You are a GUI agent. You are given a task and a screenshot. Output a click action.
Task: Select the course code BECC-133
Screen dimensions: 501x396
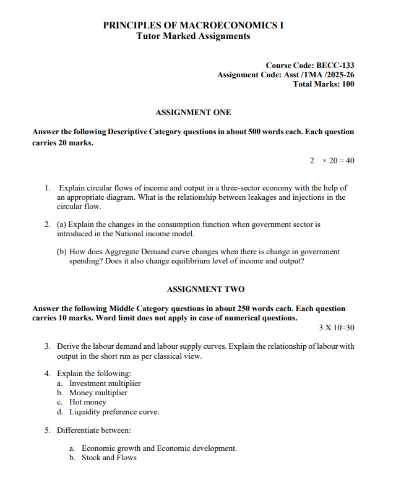pyautogui.click(x=335, y=65)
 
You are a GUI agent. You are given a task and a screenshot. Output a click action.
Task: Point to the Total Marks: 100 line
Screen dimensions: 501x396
pyautogui.click(x=324, y=84)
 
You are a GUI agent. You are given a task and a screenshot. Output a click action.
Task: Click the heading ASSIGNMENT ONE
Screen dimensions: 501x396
pyautogui.click(x=193, y=112)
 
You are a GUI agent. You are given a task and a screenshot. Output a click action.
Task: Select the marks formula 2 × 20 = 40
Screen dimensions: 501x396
pyautogui.click(x=332, y=161)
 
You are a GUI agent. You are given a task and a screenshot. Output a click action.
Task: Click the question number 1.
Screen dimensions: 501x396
pyautogui.click(x=47, y=187)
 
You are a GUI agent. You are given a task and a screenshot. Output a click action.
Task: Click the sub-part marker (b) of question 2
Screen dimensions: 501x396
pyautogui.click(x=62, y=252)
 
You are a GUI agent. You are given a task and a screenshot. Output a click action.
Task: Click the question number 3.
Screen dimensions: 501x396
pyautogui.click(x=47, y=346)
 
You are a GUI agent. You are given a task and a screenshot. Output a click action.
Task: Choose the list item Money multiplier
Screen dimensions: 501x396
pyautogui.click(x=98, y=392)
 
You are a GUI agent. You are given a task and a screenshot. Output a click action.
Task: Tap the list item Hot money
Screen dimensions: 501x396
pyautogui.click(x=88, y=402)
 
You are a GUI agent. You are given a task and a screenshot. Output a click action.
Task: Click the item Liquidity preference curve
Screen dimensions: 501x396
pyautogui.click(x=114, y=411)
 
